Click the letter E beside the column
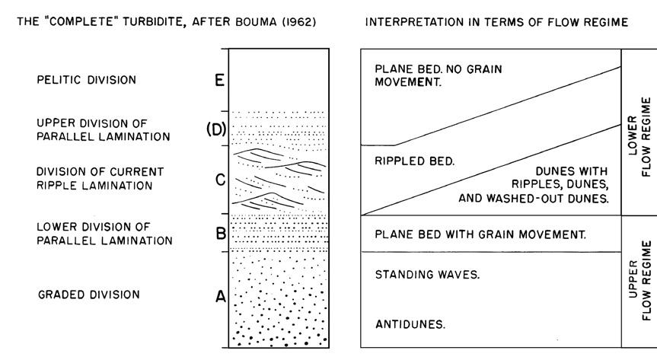[x=218, y=79]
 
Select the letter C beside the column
[x=218, y=180]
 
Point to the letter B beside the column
[x=218, y=234]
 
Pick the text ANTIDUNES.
[x=409, y=324]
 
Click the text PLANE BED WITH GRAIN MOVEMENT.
[x=480, y=234]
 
